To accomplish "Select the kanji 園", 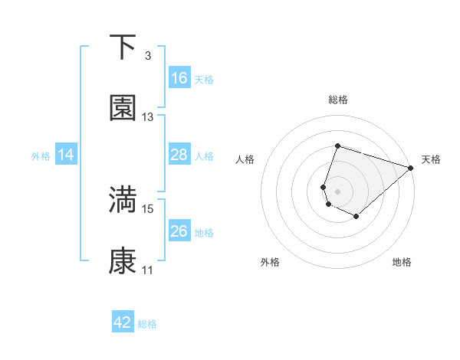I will pyautogui.click(x=123, y=108).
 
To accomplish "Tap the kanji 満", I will pyautogui.click(x=123, y=199).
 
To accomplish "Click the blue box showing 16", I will pyautogui.click(x=179, y=78).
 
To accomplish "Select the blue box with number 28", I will pyautogui.click(x=179, y=155).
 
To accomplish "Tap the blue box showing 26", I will pyautogui.click(x=179, y=231).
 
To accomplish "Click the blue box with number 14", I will pyautogui.click(x=66, y=155).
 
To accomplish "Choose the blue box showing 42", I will pyautogui.click(x=123, y=322).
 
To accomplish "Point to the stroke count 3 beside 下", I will pyautogui.click(x=148, y=56).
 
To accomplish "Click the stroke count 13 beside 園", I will pyautogui.click(x=148, y=117).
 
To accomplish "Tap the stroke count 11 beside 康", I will pyautogui.click(x=148, y=270).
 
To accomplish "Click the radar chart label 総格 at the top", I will pyautogui.click(x=338, y=100).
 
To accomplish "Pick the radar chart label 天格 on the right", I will pyautogui.click(x=431, y=159).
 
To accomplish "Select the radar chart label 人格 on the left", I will pyautogui.click(x=245, y=159).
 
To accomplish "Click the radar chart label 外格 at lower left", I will pyautogui.click(x=270, y=262).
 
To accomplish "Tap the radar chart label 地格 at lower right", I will pyautogui.click(x=402, y=262).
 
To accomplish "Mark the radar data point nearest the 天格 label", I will pyautogui.click(x=412, y=168).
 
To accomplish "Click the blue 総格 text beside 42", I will pyautogui.click(x=147, y=324).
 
